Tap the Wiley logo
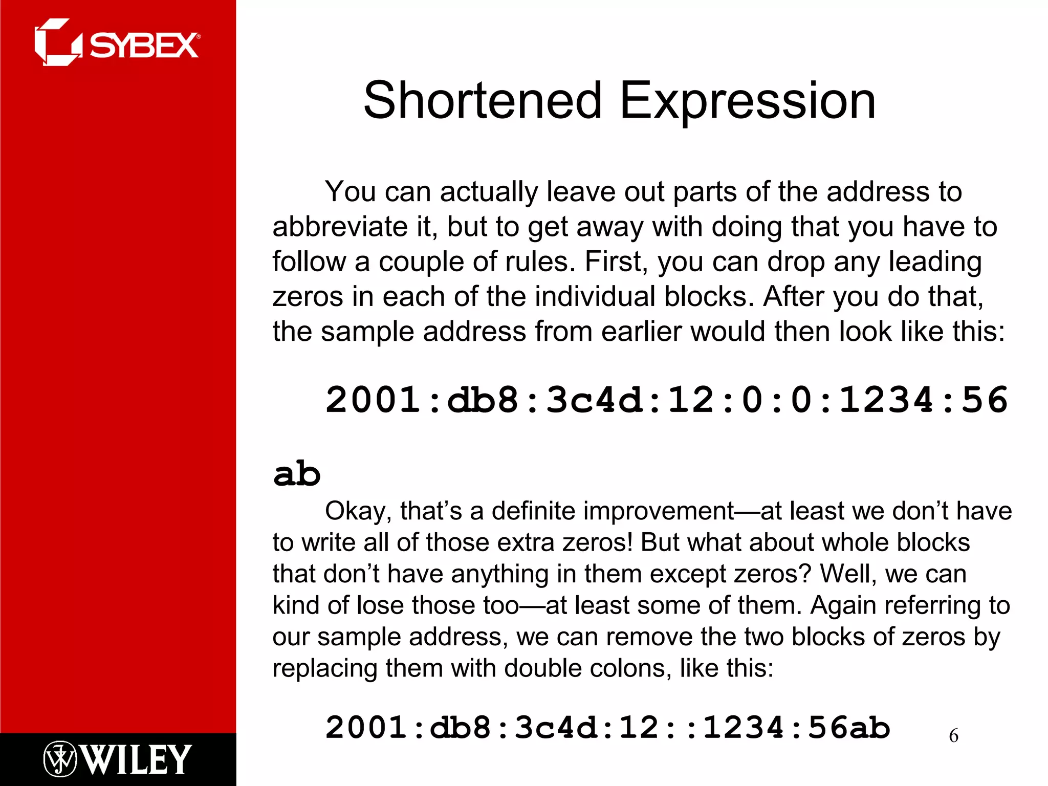[117, 759]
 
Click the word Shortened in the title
[483, 101]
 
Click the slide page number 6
[953, 736]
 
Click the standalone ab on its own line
[297, 474]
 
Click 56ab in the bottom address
[849, 728]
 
